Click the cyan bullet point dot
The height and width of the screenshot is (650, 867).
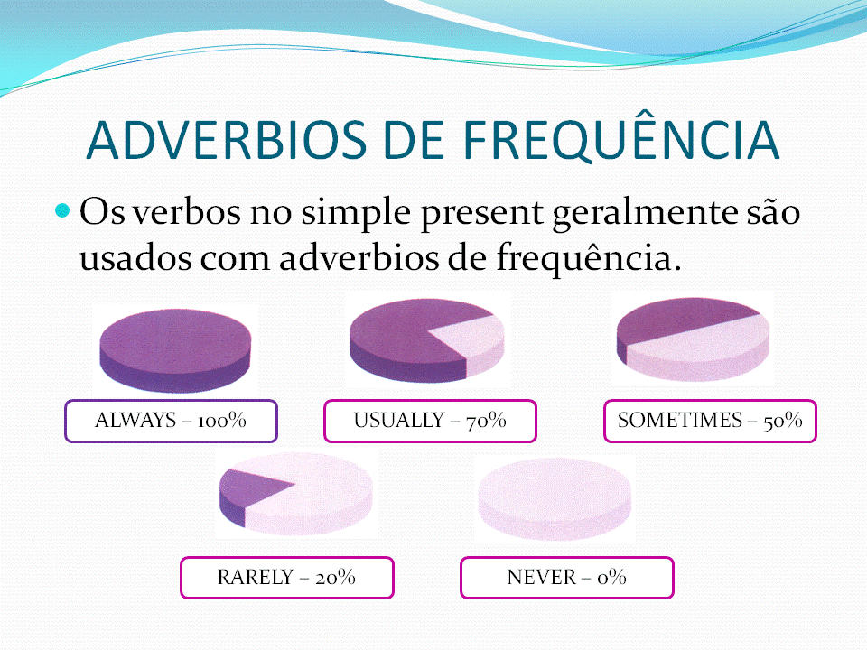62,210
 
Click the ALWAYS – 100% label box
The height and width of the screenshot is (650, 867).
171,422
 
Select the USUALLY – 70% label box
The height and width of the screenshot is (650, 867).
430,422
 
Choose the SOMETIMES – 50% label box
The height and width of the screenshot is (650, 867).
710,422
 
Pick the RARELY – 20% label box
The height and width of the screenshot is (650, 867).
287,578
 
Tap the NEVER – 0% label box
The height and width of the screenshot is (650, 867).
567,578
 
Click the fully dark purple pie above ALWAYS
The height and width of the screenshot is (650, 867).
175,350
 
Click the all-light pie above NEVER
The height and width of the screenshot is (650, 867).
554,498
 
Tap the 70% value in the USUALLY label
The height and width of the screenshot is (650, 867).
486,422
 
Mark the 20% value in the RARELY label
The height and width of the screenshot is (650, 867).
335,578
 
